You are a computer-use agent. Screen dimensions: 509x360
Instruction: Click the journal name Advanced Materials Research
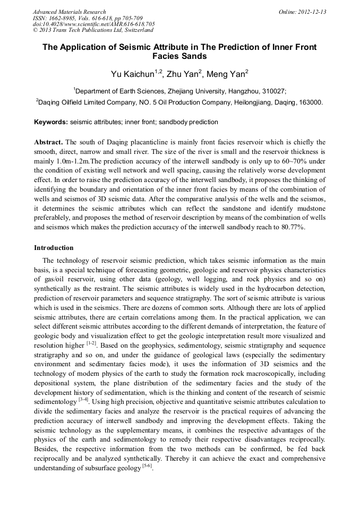[69, 12]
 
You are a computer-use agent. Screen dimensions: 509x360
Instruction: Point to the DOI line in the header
[93, 24]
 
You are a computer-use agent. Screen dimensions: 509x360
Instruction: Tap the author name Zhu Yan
[181, 74]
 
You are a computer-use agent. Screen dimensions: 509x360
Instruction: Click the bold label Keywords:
[51, 122]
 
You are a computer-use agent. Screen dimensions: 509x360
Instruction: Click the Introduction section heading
[54, 248]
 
